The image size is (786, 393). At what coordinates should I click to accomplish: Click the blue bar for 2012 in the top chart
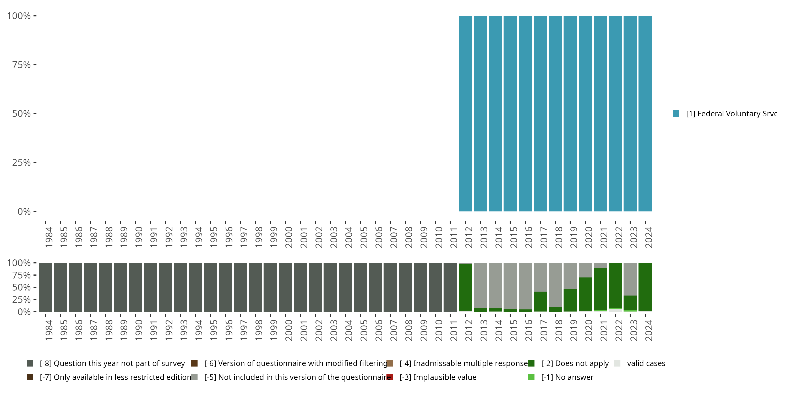coord(465,113)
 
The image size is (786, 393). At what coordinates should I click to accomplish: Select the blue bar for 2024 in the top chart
coord(645,113)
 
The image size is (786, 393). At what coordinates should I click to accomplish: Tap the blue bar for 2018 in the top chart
coord(555,113)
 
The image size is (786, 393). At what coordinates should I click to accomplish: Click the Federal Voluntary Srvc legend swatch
coord(676,113)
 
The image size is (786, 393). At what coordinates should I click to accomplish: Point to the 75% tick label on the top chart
coord(21,65)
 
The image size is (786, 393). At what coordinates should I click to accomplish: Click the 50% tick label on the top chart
coord(21,113)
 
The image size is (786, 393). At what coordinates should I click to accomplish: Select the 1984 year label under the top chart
coord(49,237)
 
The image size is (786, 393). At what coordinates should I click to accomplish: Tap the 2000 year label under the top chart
coord(289,237)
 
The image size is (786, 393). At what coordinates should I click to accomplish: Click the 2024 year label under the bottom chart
coord(649,330)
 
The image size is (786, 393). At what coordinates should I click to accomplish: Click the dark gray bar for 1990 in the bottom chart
coord(135,287)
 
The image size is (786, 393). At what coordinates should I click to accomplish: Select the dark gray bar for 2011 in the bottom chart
coord(450,287)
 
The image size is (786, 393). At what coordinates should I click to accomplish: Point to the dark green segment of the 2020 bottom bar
coord(585,294)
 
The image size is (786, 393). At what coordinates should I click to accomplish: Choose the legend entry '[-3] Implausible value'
coord(438,377)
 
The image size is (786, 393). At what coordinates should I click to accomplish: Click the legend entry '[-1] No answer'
coord(567,377)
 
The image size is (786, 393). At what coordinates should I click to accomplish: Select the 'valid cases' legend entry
coord(646,363)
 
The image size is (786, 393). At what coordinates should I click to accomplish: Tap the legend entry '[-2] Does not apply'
coord(575,363)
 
